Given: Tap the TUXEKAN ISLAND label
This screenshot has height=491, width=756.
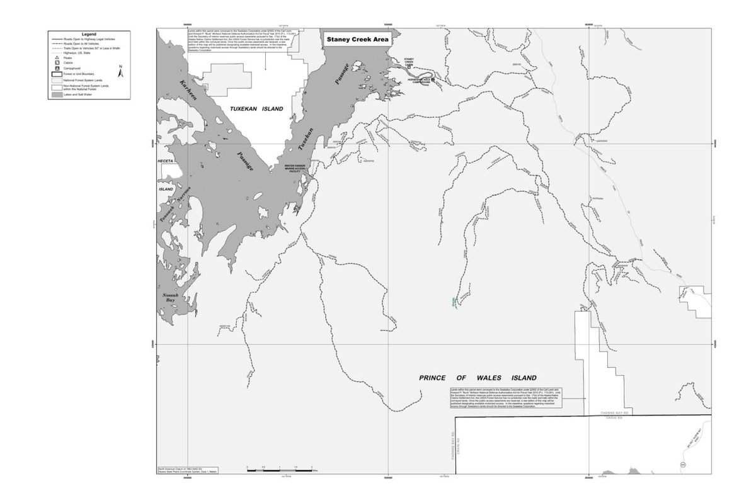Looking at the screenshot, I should pyautogui.click(x=256, y=109).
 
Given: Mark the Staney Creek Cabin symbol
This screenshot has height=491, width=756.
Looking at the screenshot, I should pyautogui.click(x=409, y=67).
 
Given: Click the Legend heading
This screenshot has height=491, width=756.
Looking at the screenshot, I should pyautogui.click(x=88, y=34).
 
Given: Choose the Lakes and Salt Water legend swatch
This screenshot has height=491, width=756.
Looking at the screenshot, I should pyautogui.click(x=57, y=94).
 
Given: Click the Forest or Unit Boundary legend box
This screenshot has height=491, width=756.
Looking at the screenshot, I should pyautogui.click(x=57, y=74).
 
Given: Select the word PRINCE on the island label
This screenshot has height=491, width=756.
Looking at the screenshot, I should pyautogui.click(x=434, y=378).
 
